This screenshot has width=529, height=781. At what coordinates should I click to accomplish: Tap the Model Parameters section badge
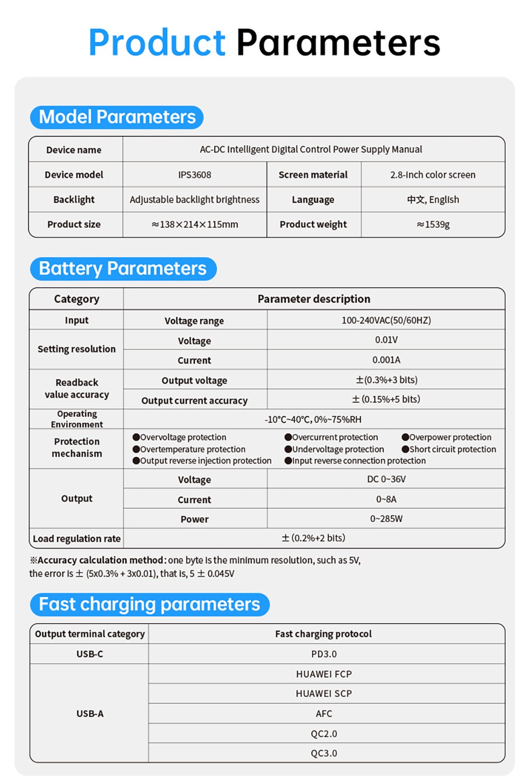pos(117,117)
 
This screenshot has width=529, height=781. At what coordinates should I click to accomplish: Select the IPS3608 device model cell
pos(195,175)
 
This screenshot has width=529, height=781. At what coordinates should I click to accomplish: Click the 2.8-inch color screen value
pos(433,175)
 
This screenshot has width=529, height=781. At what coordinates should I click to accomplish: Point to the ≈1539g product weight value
pos(433,225)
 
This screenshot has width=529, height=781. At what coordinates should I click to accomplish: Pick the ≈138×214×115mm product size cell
pos(195,225)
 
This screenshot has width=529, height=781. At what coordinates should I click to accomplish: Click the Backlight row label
pos(74,200)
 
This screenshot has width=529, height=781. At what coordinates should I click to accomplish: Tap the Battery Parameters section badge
pos(123,268)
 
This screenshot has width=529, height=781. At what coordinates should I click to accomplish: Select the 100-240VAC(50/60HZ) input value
pos(386,320)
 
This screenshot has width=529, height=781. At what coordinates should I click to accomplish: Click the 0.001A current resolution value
pos(386,360)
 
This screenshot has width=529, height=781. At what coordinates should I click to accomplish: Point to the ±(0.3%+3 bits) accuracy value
pos(386,380)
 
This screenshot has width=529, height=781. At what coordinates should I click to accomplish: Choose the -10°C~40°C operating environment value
pos(313,419)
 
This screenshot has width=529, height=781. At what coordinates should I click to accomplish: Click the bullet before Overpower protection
pos(405,437)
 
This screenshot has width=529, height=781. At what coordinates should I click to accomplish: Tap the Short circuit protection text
pos(453,449)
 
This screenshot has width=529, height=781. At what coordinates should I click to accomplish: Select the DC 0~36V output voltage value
pos(386,479)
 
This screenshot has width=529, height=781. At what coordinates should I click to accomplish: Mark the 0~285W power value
pos(386,519)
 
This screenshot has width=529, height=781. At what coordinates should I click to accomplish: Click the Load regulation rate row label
pos(77,538)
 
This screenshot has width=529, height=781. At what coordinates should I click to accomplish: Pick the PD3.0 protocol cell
pos(324,654)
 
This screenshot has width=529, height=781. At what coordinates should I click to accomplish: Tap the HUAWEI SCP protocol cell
pos(324,694)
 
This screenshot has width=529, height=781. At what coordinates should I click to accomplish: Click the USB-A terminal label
pos(90,714)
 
